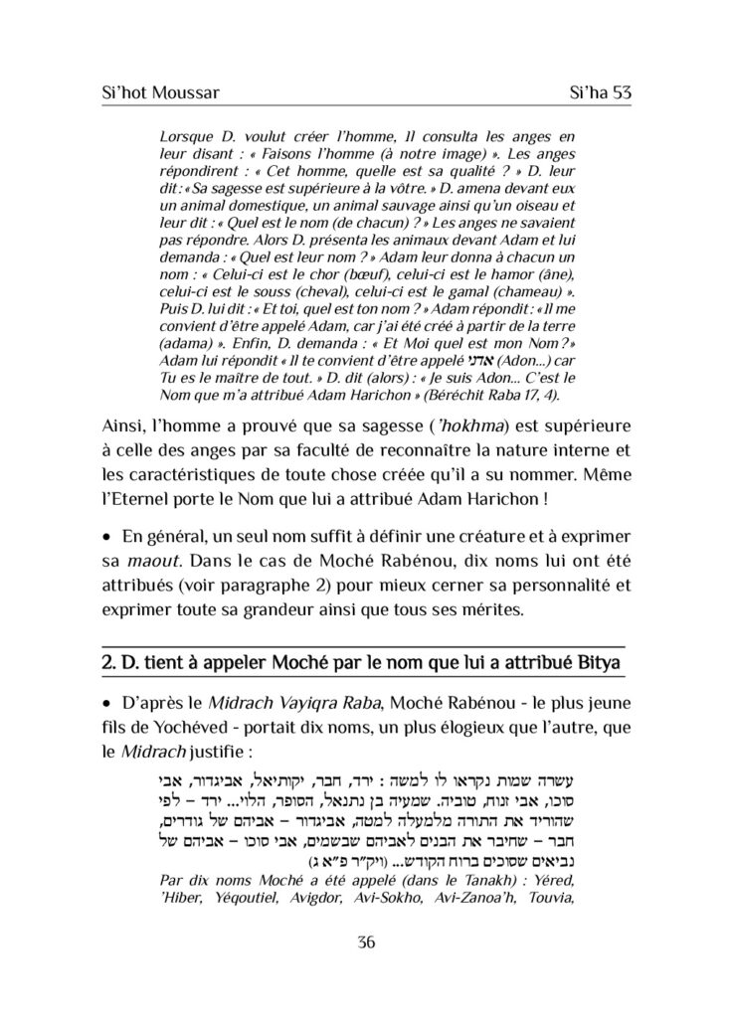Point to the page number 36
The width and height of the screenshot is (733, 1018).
click(366, 943)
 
